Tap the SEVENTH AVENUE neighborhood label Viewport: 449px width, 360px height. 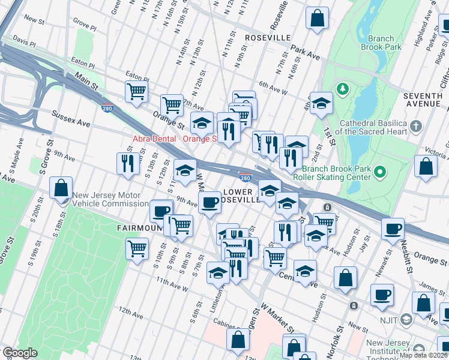[x=423, y=100]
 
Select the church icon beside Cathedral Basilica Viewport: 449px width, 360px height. [x=418, y=127]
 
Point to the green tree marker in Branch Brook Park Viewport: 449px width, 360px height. [x=343, y=89]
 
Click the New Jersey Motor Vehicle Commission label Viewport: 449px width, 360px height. [x=106, y=199]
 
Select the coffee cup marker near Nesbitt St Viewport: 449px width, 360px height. [x=393, y=229]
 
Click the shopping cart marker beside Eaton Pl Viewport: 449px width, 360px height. [x=137, y=92]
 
